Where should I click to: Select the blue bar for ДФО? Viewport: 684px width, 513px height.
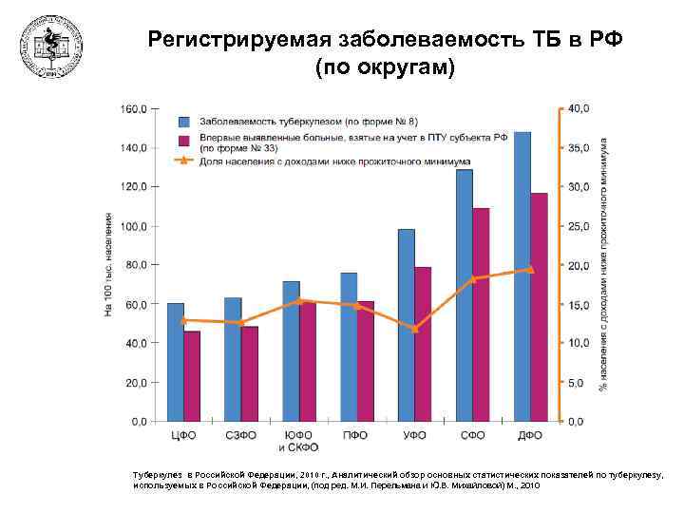point(522,275)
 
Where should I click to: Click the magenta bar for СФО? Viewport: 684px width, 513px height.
point(481,313)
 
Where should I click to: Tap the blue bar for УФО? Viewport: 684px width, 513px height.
point(407,324)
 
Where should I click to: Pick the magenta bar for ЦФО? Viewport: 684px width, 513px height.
point(192,375)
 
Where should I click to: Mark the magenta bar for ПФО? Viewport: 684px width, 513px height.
point(366,360)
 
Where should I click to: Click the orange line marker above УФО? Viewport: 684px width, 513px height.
point(414,329)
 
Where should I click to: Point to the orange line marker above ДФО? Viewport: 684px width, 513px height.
point(531,270)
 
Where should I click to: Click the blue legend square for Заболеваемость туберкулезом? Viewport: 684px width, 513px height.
point(185,122)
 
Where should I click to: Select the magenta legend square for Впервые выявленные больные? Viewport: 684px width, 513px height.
point(185,139)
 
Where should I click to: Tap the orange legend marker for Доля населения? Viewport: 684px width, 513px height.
point(184,161)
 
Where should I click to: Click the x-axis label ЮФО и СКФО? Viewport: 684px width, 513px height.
point(298,441)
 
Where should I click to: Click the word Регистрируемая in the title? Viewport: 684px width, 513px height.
point(236,39)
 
